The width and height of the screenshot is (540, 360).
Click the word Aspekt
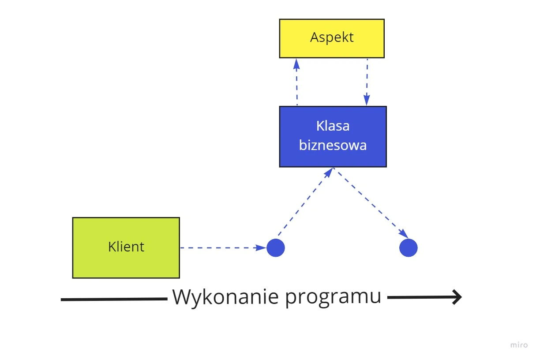332,37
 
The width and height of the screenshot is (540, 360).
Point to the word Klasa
333,126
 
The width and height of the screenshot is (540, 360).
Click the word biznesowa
333,145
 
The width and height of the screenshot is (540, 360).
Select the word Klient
126,247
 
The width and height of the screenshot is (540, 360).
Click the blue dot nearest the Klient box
276,248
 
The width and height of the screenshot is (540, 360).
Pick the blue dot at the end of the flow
409,247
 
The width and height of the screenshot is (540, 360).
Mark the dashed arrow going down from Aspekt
367,82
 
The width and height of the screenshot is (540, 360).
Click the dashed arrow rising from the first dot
305,202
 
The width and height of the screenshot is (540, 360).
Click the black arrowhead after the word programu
456,297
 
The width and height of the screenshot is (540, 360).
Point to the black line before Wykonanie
113,300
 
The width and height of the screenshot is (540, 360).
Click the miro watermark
519,345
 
